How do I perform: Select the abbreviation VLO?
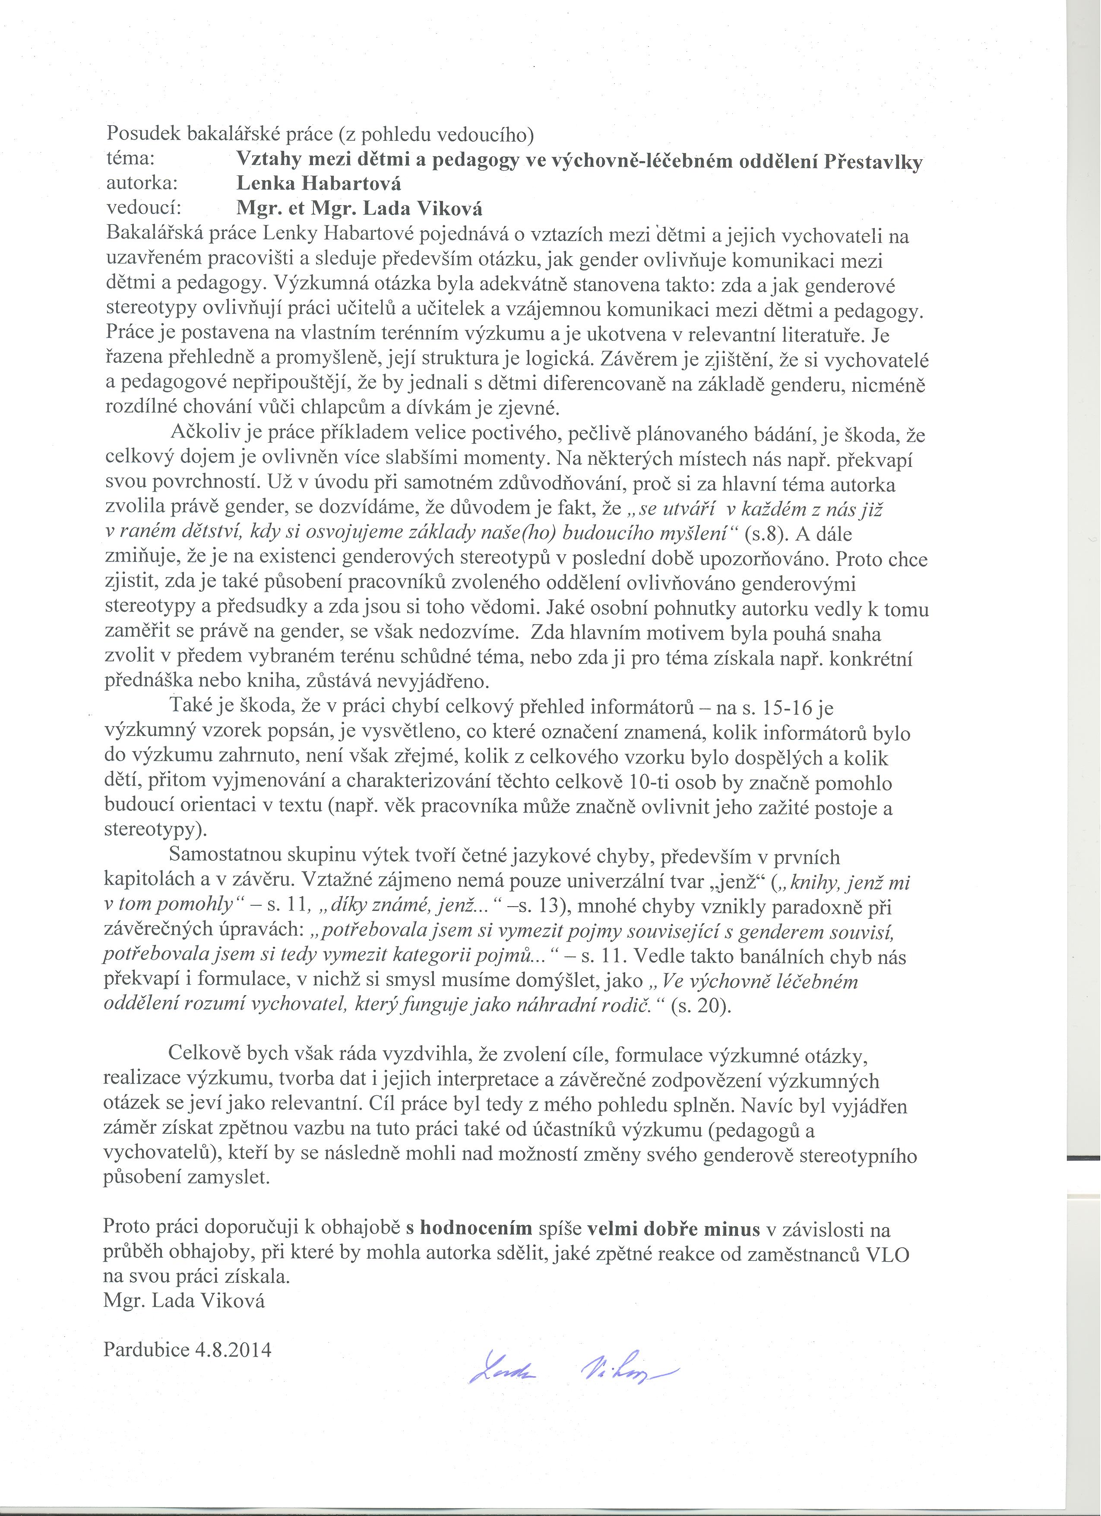pyautogui.click(x=887, y=1255)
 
